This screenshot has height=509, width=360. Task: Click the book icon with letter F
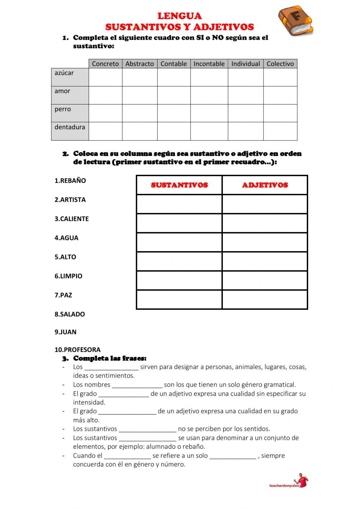coord(295,21)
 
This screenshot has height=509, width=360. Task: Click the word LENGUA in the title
coord(180,16)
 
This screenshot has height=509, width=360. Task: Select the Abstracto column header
coord(140,64)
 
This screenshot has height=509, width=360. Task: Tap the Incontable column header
coord(209,64)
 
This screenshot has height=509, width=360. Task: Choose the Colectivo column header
coord(280,64)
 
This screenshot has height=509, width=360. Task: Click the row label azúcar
coord(64,73)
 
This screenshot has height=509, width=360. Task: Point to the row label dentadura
coord(70,127)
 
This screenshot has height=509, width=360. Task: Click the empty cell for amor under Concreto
coord(105,95)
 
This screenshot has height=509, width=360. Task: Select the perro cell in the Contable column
coord(174,113)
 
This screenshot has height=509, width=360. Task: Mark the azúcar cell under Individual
coord(246,77)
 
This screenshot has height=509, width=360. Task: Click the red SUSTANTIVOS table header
coord(179,185)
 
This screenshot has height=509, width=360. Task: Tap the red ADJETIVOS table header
coord(265,185)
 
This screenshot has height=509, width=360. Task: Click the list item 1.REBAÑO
coord(70,181)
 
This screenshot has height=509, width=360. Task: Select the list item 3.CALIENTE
coord(72,219)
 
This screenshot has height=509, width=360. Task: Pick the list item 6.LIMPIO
coord(68,276)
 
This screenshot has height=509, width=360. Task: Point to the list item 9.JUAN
coord(66,332)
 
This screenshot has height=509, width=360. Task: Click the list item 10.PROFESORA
coord(77,350)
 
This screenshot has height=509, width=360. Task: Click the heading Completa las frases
coord(110,358)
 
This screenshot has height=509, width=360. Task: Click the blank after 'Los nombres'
coord(137,385)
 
